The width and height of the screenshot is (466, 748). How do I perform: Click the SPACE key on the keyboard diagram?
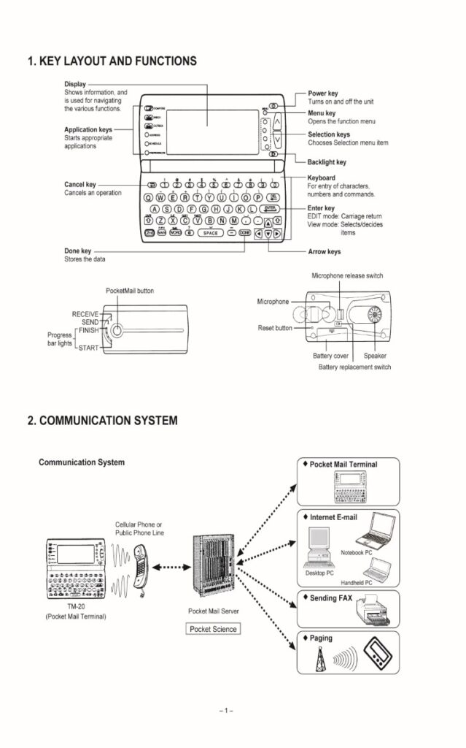(x=210, y=233)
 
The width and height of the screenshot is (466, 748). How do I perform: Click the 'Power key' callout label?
(x=322, y=94)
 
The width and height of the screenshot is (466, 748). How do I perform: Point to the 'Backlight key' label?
(x=327, y=162)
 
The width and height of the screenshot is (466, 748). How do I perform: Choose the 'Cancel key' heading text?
(x=79, y=185)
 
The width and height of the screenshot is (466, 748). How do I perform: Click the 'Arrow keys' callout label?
(x=324, y=252)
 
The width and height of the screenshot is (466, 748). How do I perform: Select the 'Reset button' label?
(x=275, y=329)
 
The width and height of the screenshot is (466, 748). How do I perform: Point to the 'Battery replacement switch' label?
(x=354, y=367)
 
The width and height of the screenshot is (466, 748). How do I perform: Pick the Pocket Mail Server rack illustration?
(x=209, y=568)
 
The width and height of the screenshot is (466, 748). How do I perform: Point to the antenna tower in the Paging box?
(x=318, y=658)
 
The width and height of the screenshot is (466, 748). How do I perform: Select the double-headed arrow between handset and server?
(x=171, y=565)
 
